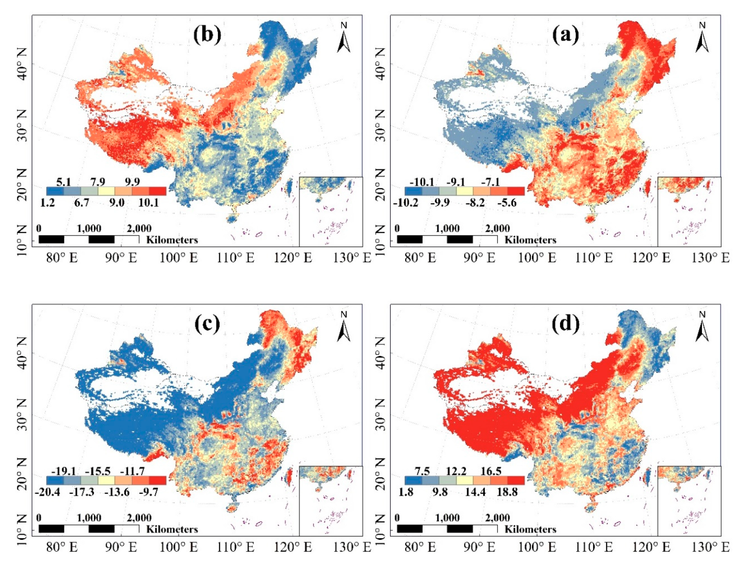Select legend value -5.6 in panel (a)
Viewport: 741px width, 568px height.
[507, 202]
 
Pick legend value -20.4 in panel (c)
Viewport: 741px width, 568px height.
[47, 492]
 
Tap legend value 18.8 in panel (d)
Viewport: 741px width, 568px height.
[507, 492]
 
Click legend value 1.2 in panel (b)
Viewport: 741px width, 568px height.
[47, 202]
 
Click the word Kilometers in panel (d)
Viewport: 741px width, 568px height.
[530, 529]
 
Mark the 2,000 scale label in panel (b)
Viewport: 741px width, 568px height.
[139, 229]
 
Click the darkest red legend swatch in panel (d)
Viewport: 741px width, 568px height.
[516, 480]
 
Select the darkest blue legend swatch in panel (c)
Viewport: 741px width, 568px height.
[55, 480]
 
